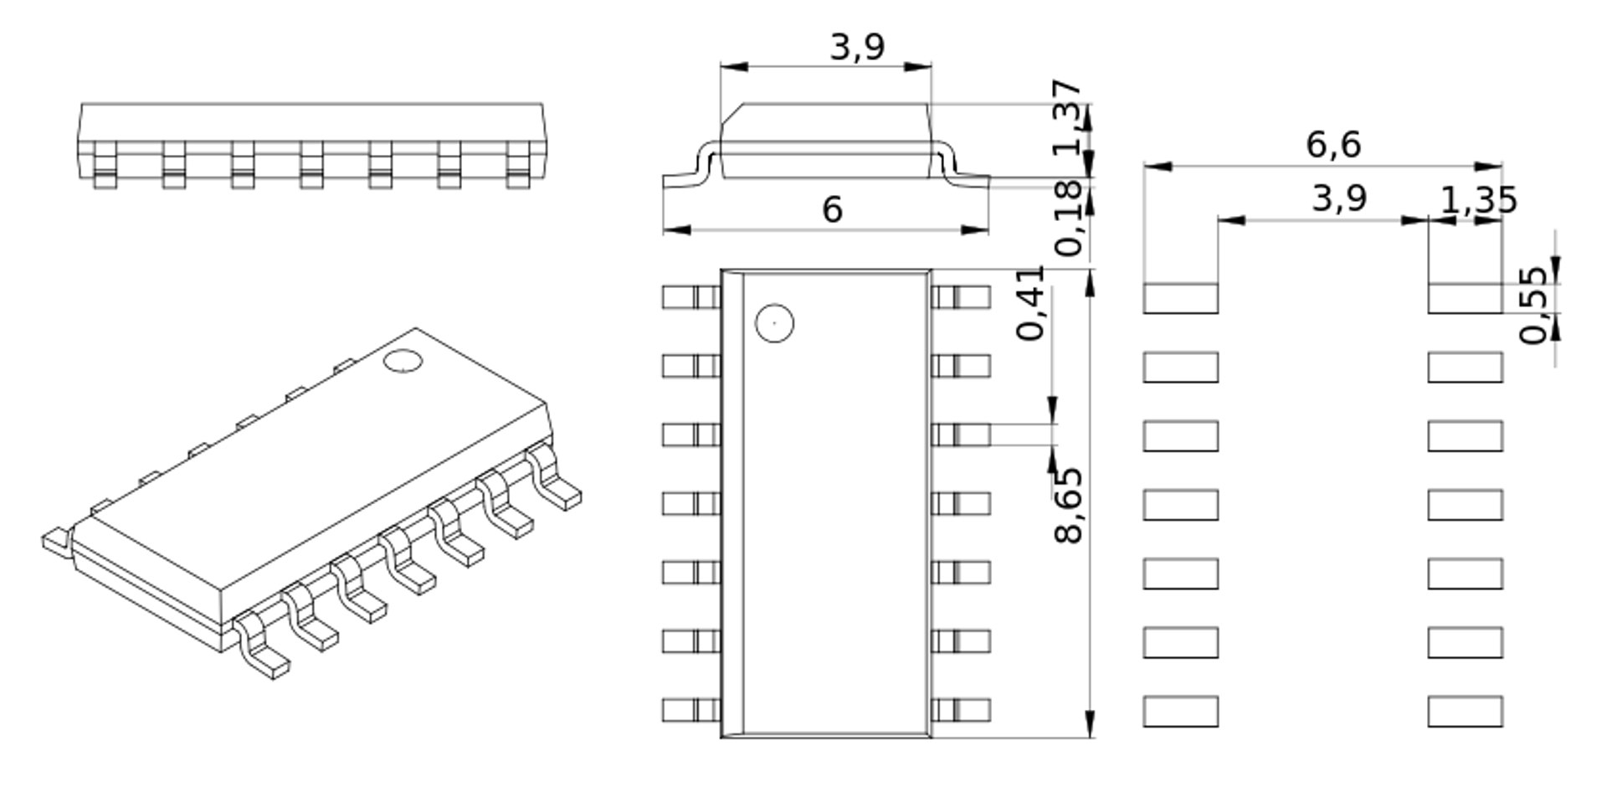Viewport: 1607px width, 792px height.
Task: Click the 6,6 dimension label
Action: (1333, 145)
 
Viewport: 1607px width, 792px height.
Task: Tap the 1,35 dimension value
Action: (1478, 200)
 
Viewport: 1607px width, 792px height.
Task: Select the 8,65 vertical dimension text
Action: (1068, 505)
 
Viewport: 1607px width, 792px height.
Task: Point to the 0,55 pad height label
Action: (1534, 305)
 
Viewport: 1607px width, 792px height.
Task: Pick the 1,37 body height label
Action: (1066, 117)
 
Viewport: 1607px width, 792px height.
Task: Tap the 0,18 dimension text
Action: (1070, 219)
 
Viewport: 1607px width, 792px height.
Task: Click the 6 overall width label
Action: (832, 209)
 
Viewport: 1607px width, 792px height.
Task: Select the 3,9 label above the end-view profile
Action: (857, 47)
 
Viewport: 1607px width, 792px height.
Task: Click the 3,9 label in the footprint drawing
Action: (1338, 199)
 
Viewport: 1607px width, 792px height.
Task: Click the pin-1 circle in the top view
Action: (774, 323)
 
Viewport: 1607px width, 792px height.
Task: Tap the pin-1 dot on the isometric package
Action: (403, 362)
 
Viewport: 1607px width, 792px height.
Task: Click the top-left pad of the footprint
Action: (1180, 298)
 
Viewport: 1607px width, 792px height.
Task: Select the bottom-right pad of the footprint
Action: (1465, 711)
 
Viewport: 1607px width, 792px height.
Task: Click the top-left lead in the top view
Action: (691, 297)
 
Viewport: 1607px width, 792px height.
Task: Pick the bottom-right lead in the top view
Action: (961, 711)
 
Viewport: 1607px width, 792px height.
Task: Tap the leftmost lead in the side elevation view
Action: (105, 164)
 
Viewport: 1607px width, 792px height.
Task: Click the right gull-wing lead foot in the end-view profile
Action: (971, 179)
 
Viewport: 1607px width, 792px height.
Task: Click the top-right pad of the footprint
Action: (1465, 298)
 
